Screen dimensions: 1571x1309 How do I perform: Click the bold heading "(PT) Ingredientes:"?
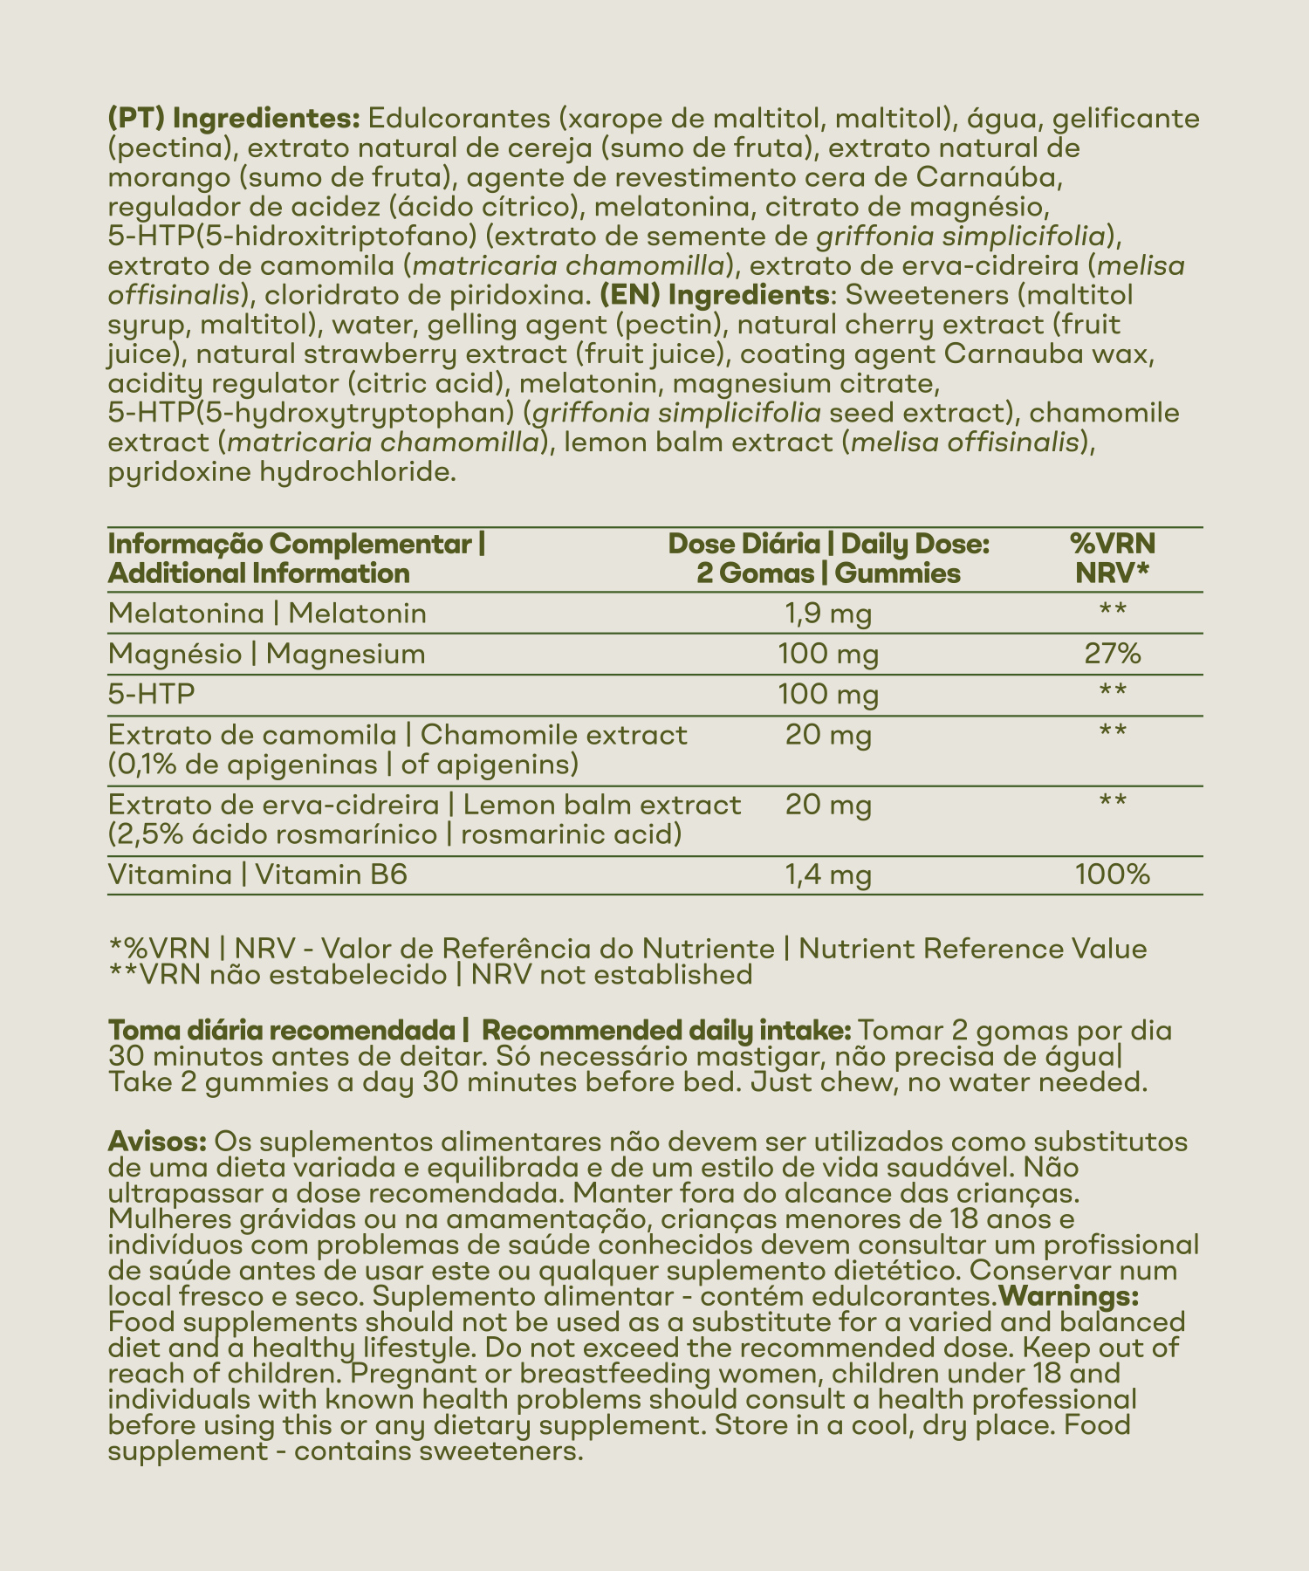[x=230, y=118]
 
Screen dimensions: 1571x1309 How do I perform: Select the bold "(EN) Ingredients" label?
[x=714, y=295]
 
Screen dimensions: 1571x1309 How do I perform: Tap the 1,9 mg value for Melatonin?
[x=828, y=614]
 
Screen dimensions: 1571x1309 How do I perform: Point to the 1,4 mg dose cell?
[x=828, y=875]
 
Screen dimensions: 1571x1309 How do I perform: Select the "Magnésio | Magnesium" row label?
[x=266, y=654]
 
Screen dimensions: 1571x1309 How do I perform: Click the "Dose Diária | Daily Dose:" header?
[x=827, y=545]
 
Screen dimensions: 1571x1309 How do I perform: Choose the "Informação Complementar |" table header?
[x=297, y=545]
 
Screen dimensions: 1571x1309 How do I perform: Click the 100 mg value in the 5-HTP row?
[x=828, y=695]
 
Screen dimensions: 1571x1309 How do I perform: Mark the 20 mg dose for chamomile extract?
[x=828, y=736]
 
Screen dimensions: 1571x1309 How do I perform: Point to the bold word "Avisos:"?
[x=156, y=1142]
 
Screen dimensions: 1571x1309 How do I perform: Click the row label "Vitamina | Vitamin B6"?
[x=257, y=875]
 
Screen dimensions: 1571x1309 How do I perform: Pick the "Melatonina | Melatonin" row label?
[x=267, y=614]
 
